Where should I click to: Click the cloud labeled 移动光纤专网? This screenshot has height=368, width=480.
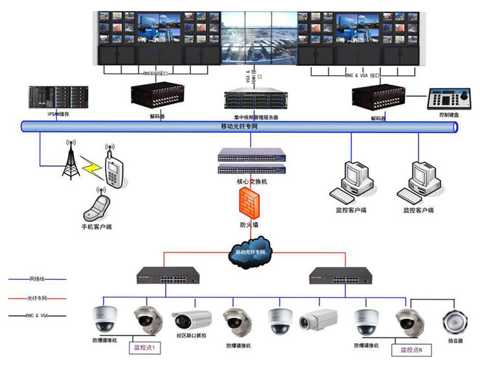point(250,252)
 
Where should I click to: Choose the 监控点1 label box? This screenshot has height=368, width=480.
point(146,348)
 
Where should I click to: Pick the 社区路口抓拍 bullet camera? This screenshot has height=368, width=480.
point(192,320)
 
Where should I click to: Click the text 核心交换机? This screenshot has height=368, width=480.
point(252,182)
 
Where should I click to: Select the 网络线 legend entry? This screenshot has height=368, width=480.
point(37,279)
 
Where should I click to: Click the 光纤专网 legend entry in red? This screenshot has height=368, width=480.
point(37,297)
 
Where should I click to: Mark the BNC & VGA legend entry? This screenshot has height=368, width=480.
point(37,316)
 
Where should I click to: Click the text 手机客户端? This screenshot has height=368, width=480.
point(97,227)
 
